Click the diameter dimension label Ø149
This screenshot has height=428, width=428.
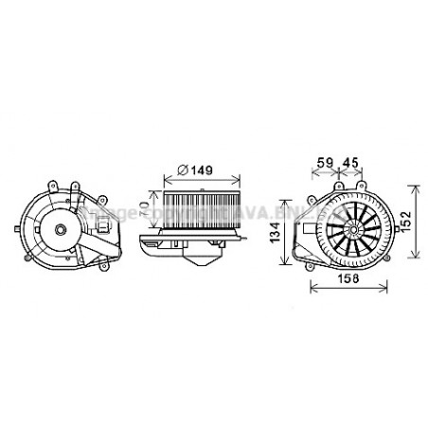point(193,171)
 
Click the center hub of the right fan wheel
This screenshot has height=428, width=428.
point(353,228)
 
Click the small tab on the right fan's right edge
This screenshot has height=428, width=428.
point(392,228)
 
